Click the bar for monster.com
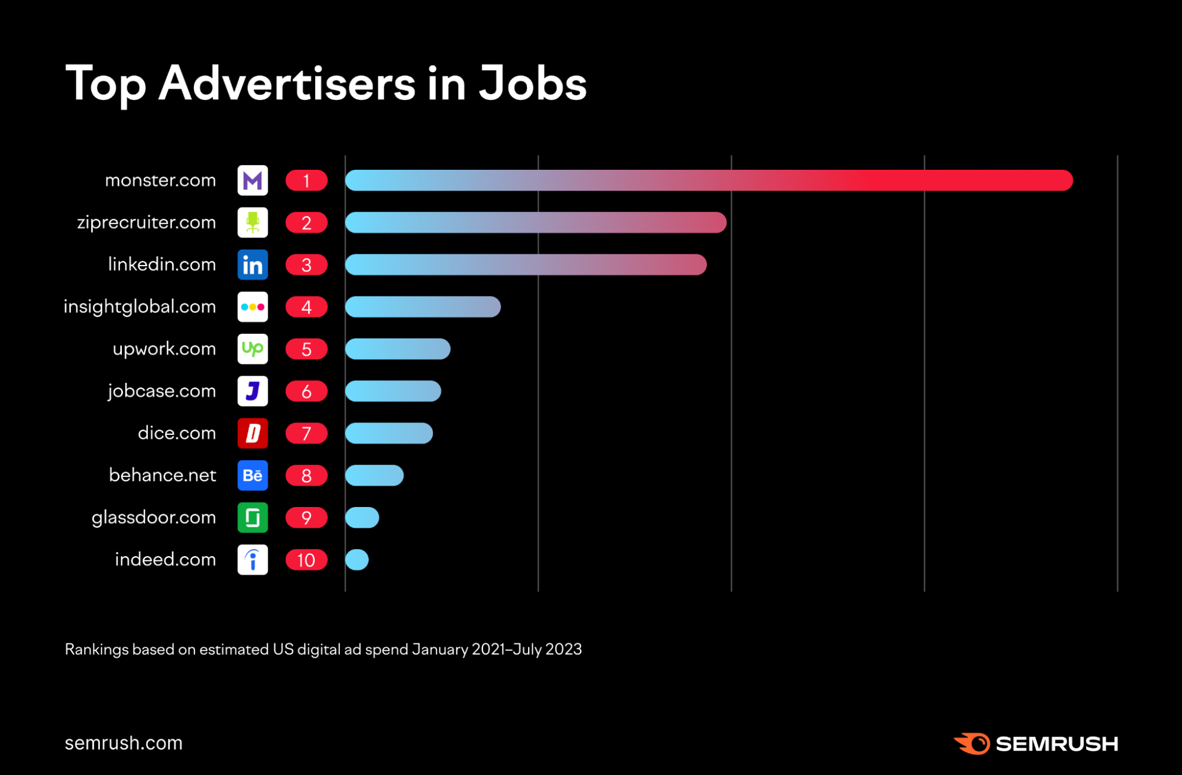point(708,180)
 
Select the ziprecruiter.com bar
point(535,222)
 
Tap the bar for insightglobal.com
point(423,306)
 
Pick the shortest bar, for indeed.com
point(357,560)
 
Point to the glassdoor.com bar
point(362,518)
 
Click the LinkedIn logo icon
point(252,265)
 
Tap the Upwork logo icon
point(252,349)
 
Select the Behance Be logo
point(252,476)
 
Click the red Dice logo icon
point(252,434)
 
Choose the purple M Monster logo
point(252,180)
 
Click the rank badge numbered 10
point(306,560)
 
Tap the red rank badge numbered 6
point(306,392)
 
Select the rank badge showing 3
point(306,265)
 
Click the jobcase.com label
point(161,391)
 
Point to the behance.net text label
point(163,475)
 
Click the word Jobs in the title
point(532,83)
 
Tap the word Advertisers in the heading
point(287,83)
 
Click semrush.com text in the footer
point(124,743)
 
